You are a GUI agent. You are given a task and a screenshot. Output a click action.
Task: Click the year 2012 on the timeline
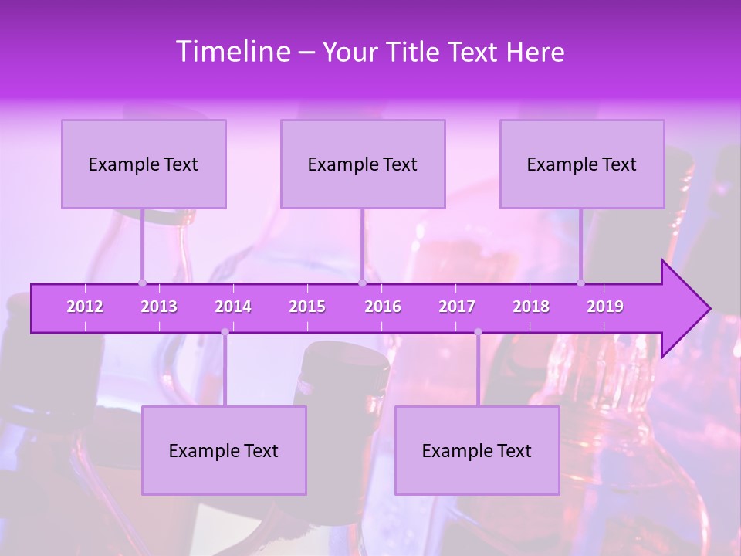click(x=85, y=307)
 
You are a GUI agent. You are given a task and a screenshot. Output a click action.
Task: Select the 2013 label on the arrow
click(x=159, y=307)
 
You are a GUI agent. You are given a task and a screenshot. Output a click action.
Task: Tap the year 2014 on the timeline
click(x=233, y=307)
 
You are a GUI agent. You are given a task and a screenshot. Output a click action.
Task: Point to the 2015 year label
click(x=307, y=307)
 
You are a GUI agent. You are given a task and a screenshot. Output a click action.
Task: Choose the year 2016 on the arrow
click(x=383, y=307)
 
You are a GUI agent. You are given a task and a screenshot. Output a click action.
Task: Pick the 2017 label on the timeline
click(x=457, y=307)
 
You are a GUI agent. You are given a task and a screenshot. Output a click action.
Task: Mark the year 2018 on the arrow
click(x=531, y=307)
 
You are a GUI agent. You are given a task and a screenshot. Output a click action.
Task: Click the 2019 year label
click(x=605, y=307)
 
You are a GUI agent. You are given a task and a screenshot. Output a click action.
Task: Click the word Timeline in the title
click(x=232, y=52)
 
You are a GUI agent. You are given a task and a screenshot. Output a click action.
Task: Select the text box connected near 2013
click(x=144, y=164)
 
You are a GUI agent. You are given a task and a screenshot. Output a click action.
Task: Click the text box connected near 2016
click(x=363, y=164)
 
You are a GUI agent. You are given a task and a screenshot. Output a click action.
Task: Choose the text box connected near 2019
click(x=582, y=164)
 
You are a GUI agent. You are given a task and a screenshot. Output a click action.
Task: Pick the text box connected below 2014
click(x=224, y=450)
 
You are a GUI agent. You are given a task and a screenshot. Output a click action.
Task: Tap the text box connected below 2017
click(x=477, y=450)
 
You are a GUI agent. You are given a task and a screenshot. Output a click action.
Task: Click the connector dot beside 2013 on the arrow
click(x=142, y=283)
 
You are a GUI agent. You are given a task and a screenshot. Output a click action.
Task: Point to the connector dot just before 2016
click(x=362, y=283)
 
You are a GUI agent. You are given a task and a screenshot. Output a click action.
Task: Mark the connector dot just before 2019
click(x=581, y=283)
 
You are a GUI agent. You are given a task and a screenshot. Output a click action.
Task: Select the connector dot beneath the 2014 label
click(x=225, y=332)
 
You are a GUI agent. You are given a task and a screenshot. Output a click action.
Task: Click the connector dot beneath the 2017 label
click(x=478, y=332)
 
